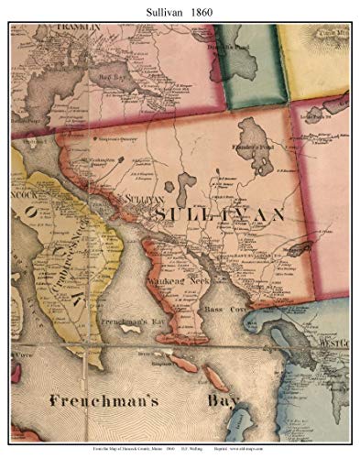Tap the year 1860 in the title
(x=205, y=10)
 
